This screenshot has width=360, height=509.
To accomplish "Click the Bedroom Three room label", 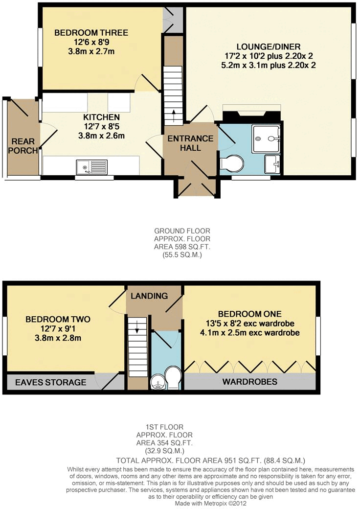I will pyautogui.click(x=91, y=33).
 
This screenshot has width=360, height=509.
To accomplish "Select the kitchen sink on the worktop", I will pyautogui.click(x=91, y=167).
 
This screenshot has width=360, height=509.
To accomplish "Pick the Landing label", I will pyautogui.click(x=149, y=296).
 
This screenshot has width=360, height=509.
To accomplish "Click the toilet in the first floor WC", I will pyautogui.click(x=173, y=377).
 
